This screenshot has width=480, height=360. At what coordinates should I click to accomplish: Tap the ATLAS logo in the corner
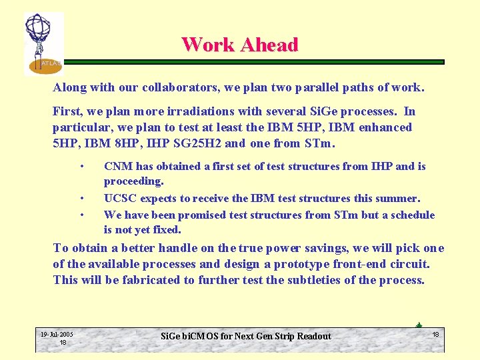(x=43, y=43)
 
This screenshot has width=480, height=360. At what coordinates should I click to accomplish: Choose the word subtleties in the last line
(x=319, y=280)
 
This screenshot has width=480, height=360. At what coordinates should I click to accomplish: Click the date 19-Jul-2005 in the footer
(x=57, y=334)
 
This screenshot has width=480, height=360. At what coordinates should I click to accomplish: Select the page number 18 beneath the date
(x=63, y=342)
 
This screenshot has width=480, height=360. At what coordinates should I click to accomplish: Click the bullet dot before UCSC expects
(x=81, y=198)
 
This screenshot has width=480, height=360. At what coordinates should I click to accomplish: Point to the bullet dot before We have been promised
(x=81, y=215)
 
